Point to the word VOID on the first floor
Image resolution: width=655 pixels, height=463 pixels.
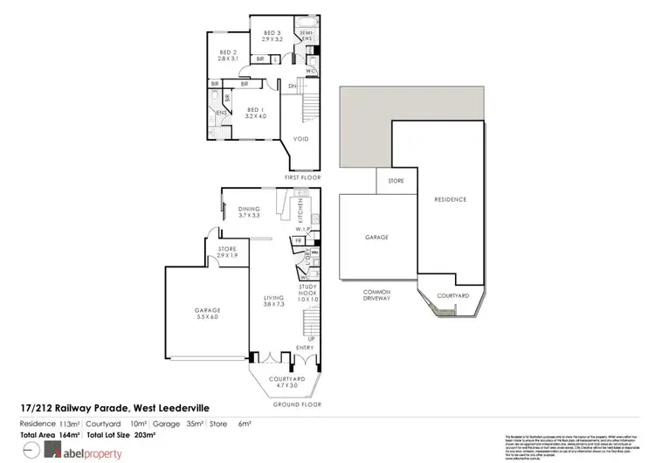pyautogui.click(x=300, y=138)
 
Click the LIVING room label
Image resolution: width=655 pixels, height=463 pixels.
pyautogui.click(x=275, y=302)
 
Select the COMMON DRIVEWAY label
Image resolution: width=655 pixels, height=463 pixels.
pyautogui.click(x=377, y=294)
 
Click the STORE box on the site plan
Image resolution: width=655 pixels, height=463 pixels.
pyautogui.click(x=396, y=182)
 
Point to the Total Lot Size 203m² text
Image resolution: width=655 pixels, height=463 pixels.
pyautogui.click(x=122, y=434)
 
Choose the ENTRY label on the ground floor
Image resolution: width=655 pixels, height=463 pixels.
pyautogui.click(x=306, y=348)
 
